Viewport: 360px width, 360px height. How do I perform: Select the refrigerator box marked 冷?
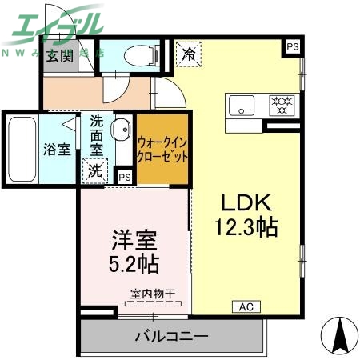[x=189, y=55]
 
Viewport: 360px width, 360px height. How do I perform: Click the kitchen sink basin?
[x=242, y=105]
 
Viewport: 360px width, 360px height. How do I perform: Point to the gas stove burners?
[x=281, y=105]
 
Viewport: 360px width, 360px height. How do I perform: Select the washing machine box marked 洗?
[x=95, y=170]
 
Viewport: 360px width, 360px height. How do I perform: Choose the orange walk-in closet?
[x=163, y=150]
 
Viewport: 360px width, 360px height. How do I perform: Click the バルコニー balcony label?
[x=171, y=337]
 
